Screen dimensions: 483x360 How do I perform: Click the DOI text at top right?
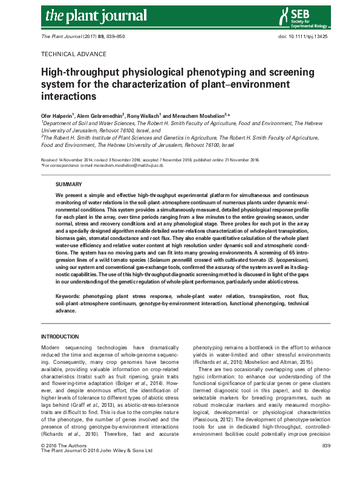pos(295,36)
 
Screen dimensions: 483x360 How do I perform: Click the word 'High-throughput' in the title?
pos(74,73)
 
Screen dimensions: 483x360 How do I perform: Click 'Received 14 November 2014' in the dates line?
pos(67,160)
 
